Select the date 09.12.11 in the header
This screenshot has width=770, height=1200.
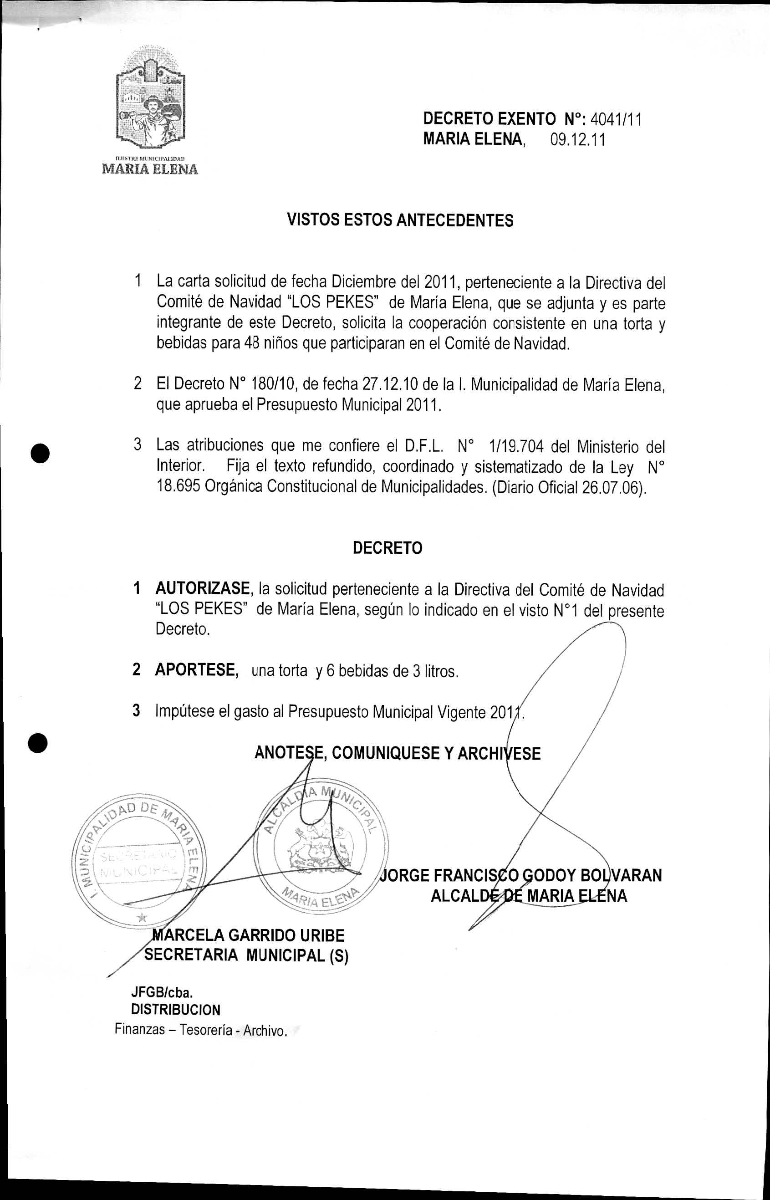(x=577, y=139)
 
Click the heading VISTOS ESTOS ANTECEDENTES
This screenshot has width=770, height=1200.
(x=400, y=220)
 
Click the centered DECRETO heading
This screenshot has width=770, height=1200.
(x=388, y=548)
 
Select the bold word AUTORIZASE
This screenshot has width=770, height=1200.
(x=203, y=588)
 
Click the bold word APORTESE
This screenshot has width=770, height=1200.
(x=195, y=669)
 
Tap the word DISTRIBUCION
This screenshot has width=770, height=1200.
(x=175, y=1010)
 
